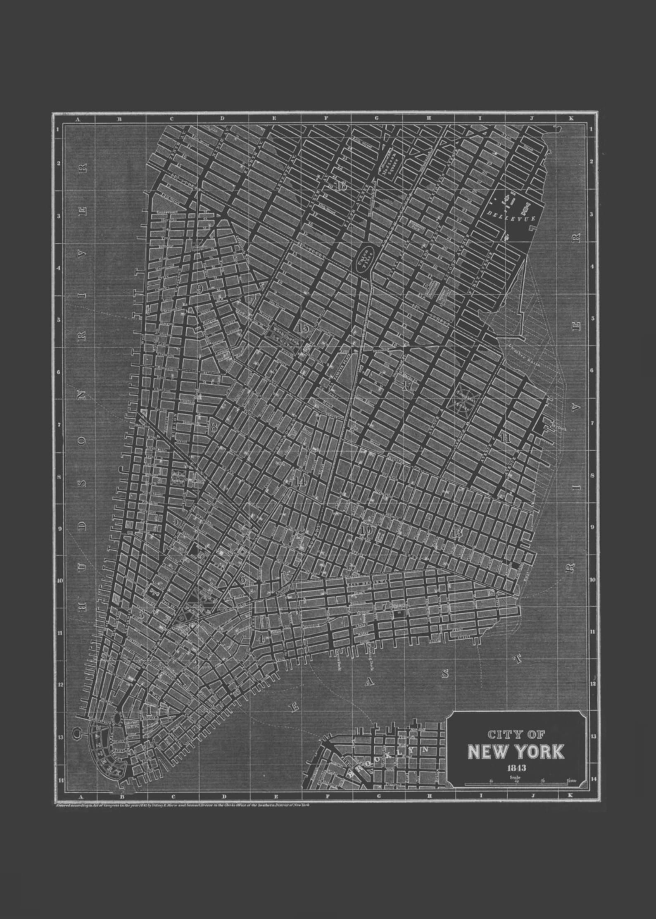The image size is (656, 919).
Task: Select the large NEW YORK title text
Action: click(x=516, y=751)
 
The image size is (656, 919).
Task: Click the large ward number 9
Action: click(x=200, y=289)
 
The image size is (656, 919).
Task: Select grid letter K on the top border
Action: click(x=571, y=119)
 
